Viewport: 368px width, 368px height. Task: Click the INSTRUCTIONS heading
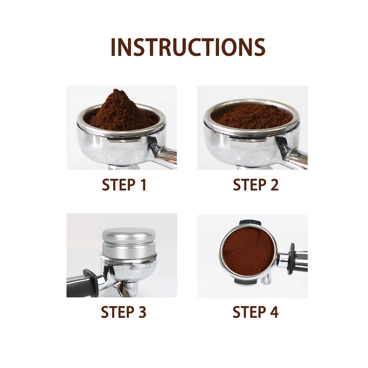[x=188, y=47]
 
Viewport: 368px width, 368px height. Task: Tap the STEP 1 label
[x=124, y=185]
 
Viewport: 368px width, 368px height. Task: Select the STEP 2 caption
[x=255, y=185]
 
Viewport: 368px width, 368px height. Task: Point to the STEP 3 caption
[x=123, y=312]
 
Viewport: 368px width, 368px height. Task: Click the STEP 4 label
[x=255, y=312]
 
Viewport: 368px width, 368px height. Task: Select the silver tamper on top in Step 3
[x=129, y=241]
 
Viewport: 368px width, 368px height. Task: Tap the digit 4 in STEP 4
[x=273, y=312]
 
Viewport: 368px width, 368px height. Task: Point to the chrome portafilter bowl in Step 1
[x=110, y=145]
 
